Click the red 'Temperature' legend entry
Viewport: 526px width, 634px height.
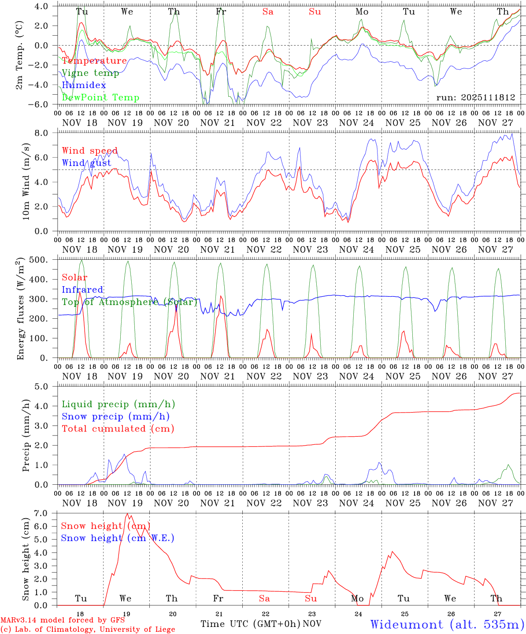[x=94, y=61]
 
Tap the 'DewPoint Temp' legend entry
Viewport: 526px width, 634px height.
[x=100, y=97]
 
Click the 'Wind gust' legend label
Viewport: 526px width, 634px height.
[x=87, y=163]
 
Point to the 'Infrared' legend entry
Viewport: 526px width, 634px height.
[x=83, y=290]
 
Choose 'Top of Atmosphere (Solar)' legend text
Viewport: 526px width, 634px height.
[x=130, y=302]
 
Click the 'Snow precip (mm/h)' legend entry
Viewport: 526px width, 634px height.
[x=115, y=417]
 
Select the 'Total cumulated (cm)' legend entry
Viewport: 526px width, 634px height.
[x=118, y=428]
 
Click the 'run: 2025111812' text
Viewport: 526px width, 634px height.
[x=476, y=98]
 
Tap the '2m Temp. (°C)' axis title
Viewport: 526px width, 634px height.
[x=20, y=55]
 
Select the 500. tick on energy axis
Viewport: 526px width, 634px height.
[x=44, y=260]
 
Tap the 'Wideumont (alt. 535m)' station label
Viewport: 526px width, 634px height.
[x=447, y=624]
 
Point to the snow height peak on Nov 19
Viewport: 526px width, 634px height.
[x=127, y=514]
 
